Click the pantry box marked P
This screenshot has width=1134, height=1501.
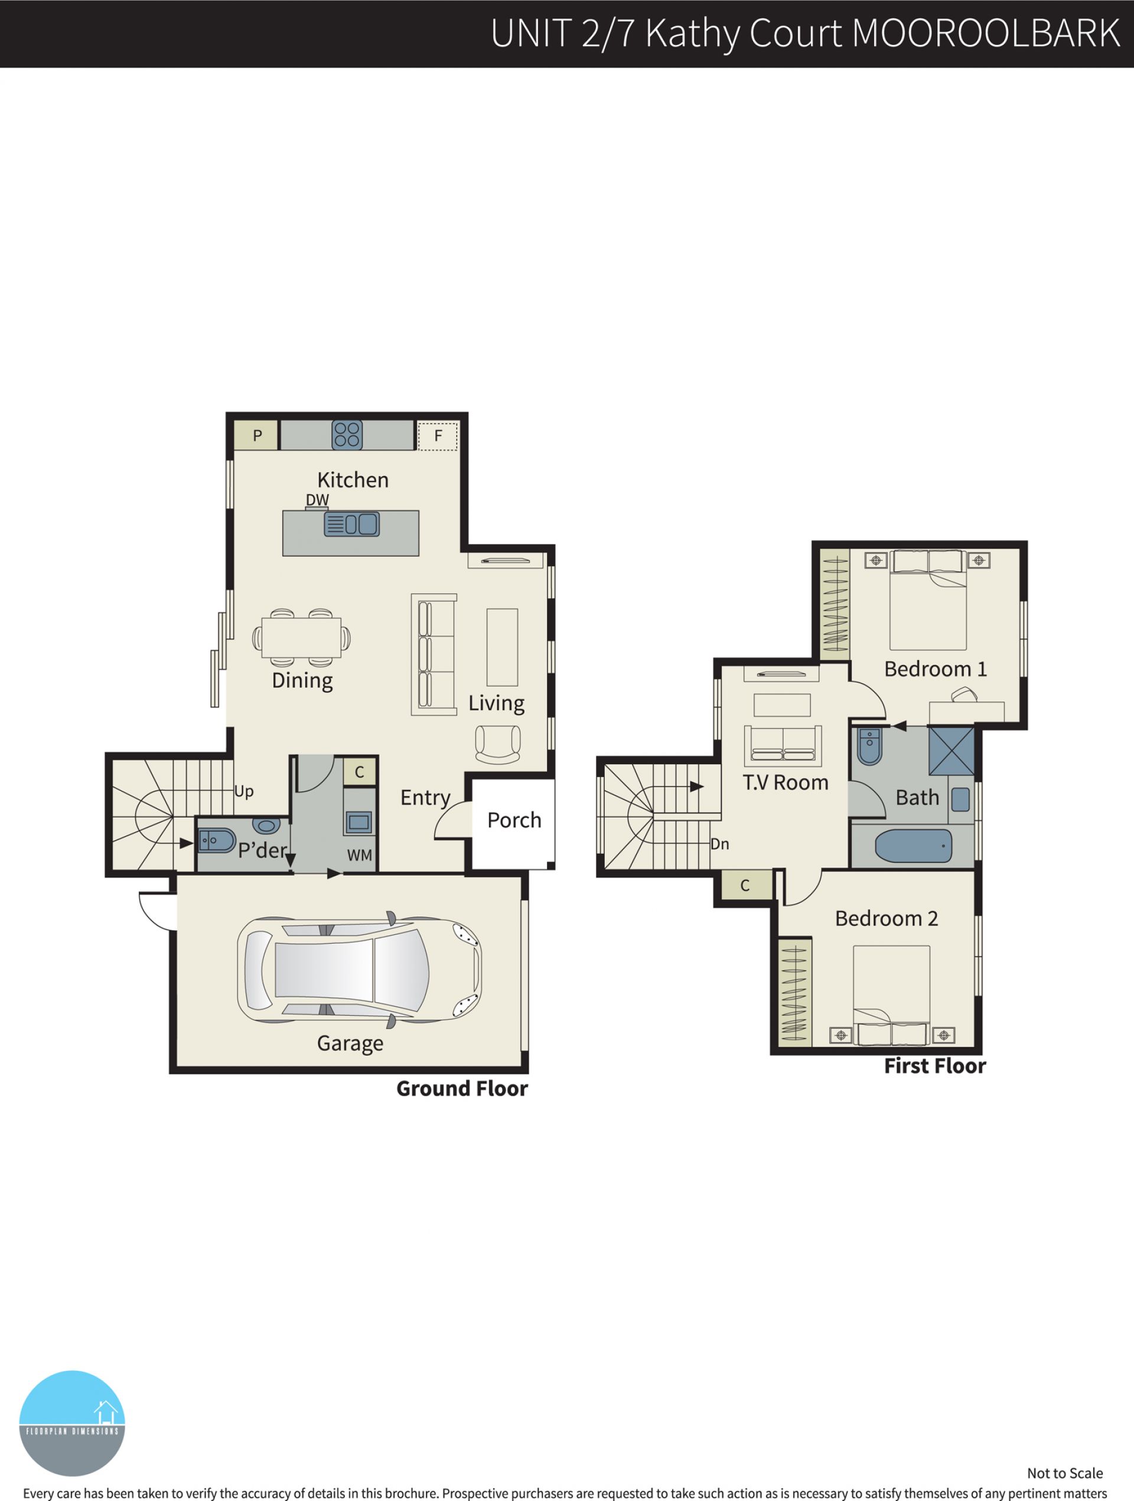point(256,435)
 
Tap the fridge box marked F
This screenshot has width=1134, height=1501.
point(438,436)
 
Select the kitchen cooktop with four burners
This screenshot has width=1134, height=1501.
point(347,435)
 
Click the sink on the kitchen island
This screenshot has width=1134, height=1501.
point(351,524)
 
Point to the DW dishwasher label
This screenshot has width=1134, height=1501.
point(317,500)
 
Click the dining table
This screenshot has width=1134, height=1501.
point(302,638)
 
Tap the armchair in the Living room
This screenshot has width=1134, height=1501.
point(498,745)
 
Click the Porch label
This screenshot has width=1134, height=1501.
point(514,820)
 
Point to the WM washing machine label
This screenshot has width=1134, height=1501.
point(360,855)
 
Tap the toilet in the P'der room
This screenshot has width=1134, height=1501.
point(216,840)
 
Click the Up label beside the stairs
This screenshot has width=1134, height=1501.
point(243,791)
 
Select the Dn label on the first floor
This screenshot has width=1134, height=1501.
point(719,844)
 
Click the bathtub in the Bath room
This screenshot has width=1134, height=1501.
point(913,846)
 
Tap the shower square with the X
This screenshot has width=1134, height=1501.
point(951,750)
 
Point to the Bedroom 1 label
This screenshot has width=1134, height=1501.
point(936,669)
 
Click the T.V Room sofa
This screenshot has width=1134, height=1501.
point(783,746)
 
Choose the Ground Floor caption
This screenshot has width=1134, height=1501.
point(462,1089)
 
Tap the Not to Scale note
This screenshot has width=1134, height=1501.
point(1065,1473)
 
